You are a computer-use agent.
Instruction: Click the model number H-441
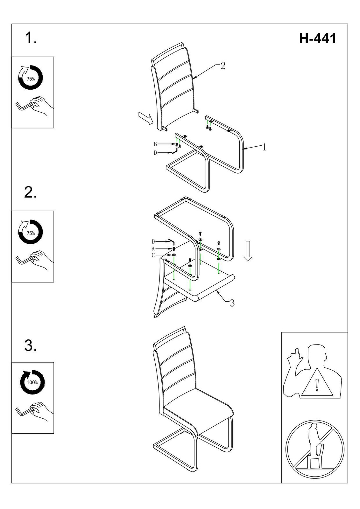point(317,39)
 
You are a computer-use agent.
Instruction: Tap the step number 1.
point(30,38)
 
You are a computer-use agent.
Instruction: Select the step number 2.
point(30,193)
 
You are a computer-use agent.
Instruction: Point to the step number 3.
point(30,346)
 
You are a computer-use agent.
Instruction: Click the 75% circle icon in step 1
point(31,78)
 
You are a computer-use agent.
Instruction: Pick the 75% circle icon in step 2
point(31,233)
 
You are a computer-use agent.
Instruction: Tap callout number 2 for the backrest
point(223,66)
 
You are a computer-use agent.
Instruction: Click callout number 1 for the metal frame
point(264,147)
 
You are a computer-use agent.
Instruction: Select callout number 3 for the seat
point(232,303)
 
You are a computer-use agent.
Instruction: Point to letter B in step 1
point(155,144)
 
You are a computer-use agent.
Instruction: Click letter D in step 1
point(155,153)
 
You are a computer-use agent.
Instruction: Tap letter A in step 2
point(153,249)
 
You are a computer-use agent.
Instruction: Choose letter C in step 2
point(153,255)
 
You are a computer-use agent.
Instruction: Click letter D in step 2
point(153,242)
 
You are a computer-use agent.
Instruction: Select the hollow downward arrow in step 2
point(248,251)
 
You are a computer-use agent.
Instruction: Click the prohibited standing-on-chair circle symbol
point(314,449)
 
